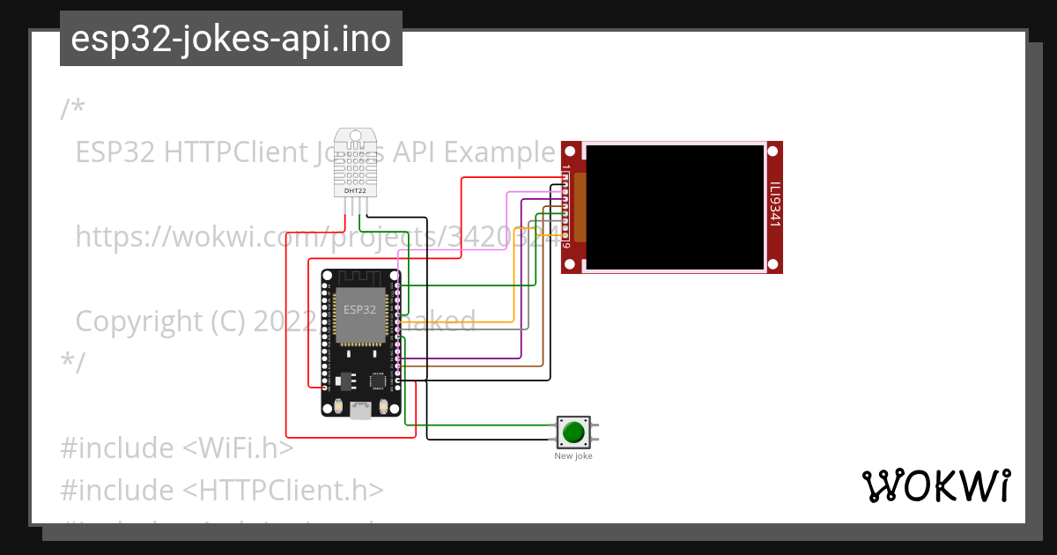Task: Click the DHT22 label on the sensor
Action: click(x=355, y=190)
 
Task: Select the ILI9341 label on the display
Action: click(x=774, y=205)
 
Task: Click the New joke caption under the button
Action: click(x=573, y=456)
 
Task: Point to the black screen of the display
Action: click(x=674, y=207)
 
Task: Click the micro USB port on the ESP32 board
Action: click(x=360, y=411)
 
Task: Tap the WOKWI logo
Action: click(x=935, y=486)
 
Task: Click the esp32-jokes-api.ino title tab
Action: click(x=231, y=39)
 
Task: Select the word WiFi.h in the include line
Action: click(x=238, y=448)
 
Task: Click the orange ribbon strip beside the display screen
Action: click(x=580, y=207)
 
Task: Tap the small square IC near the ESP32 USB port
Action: click(x=377, y=381)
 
